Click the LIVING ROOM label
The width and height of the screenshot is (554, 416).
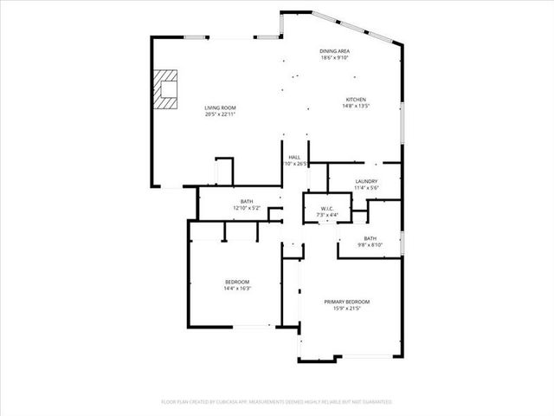221,107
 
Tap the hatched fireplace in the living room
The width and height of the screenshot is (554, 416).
164,88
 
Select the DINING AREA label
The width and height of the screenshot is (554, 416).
334,51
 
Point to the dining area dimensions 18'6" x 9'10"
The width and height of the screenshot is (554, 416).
334,58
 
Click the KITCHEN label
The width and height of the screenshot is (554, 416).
357,100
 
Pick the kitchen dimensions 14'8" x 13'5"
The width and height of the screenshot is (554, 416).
357,107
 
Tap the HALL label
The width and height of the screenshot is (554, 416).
294,157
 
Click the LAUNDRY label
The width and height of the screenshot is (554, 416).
366,181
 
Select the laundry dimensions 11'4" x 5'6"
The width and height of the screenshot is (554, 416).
366,188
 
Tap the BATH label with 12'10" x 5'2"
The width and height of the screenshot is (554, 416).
247,202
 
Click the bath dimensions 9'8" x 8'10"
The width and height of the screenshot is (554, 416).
370,245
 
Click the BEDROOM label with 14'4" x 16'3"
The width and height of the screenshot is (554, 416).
237,282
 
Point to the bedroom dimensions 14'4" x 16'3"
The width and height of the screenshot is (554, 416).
237,289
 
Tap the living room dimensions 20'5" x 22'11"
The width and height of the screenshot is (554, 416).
221,114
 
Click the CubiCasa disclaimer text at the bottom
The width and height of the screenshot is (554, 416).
277,402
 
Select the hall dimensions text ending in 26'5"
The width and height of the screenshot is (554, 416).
295,164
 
